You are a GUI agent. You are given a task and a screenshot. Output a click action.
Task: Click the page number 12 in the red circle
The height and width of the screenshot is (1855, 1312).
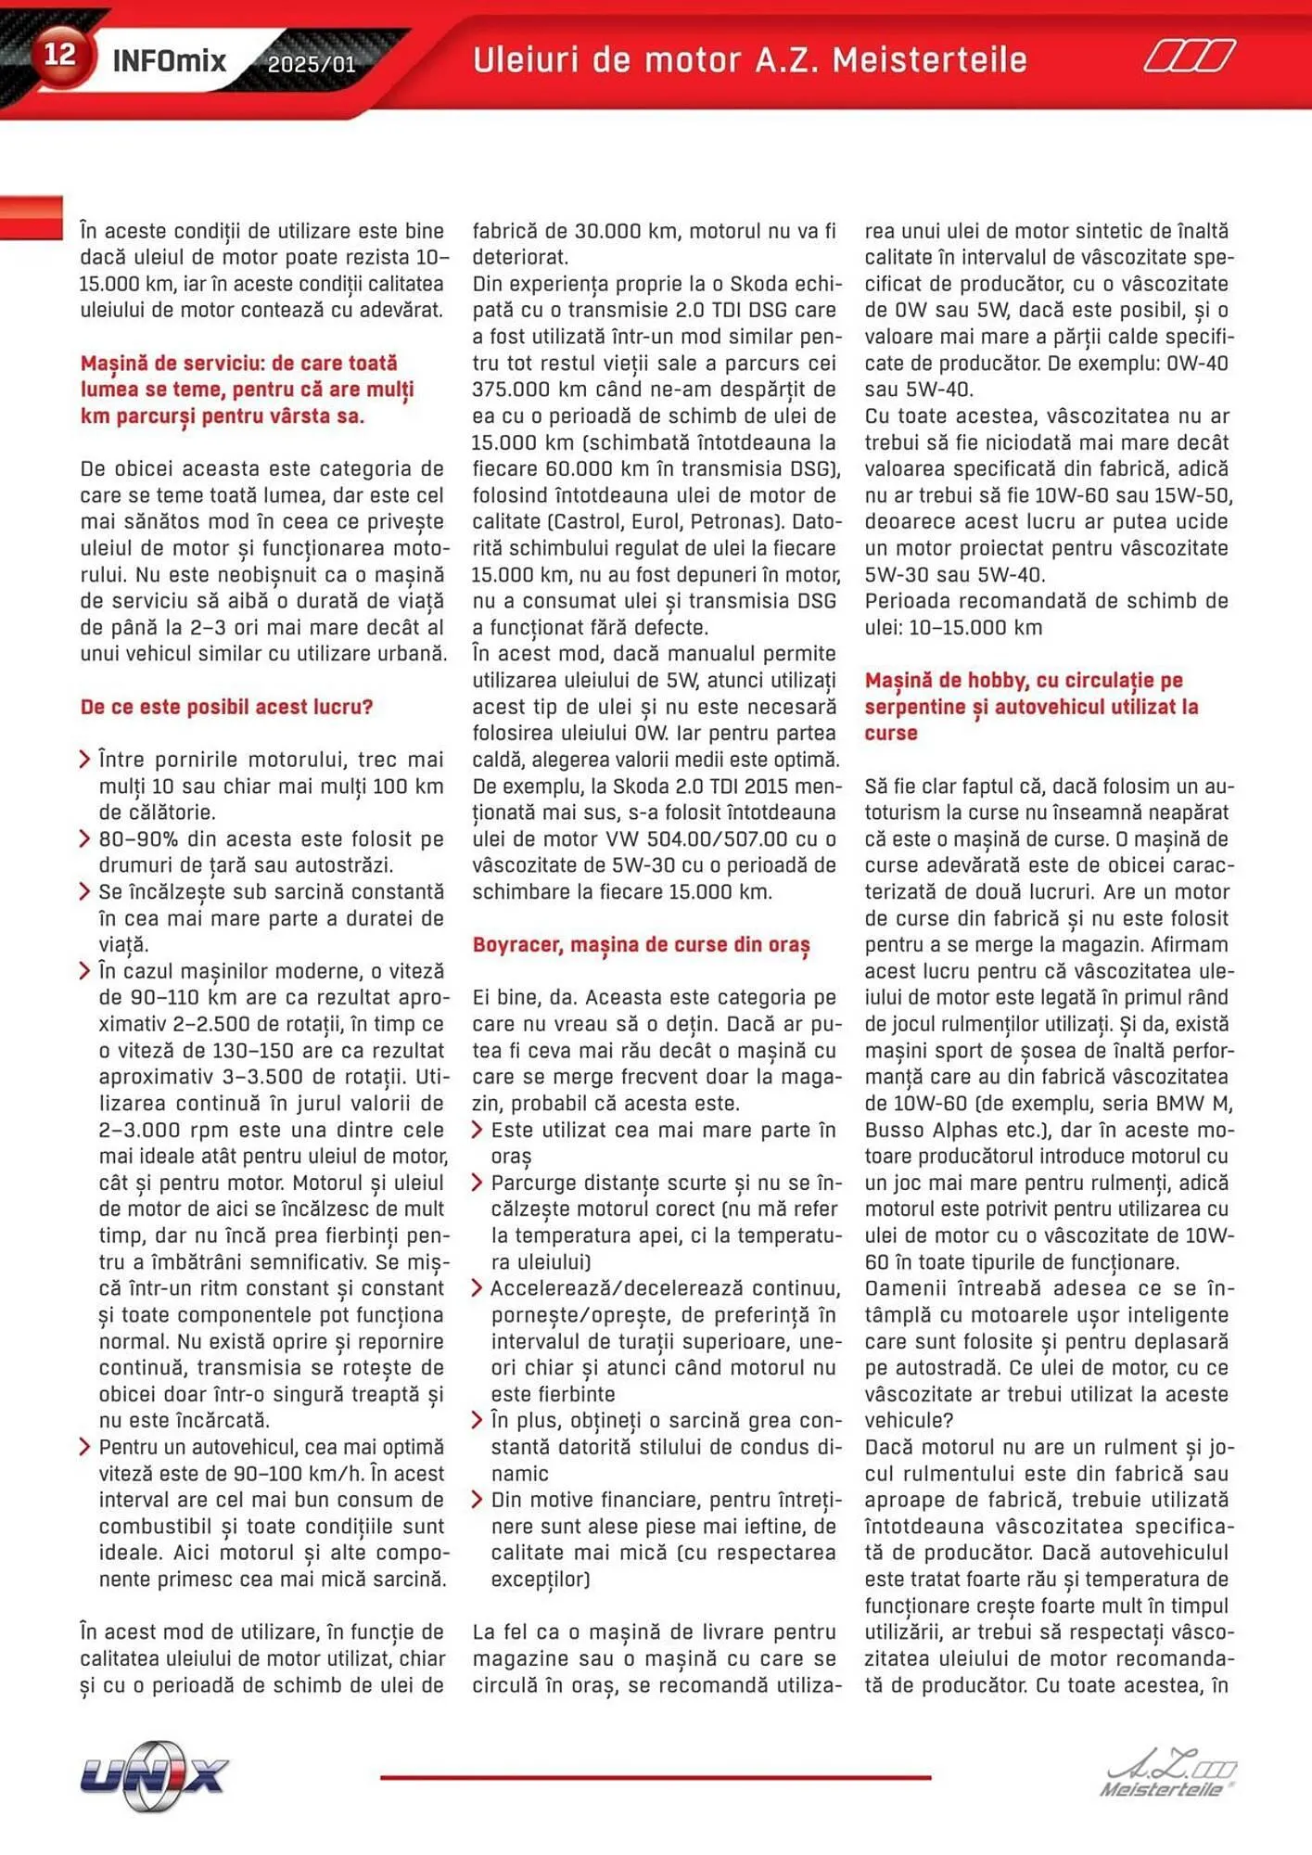(59, 55)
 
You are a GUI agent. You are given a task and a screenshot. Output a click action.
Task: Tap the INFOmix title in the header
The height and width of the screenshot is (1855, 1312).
(169, 61)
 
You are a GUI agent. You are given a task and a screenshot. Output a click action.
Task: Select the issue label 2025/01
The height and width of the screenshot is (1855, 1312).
(311, 65)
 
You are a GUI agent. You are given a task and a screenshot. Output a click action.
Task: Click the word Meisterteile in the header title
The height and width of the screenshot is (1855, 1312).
(929, 60)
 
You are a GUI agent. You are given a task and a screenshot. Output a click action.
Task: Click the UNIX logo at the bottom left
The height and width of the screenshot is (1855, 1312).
(154, 1776)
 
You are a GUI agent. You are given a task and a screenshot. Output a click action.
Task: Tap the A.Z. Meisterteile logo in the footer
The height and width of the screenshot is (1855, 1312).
(1167, 1776)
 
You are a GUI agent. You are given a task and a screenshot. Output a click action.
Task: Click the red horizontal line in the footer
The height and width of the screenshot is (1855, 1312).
(655, 1777)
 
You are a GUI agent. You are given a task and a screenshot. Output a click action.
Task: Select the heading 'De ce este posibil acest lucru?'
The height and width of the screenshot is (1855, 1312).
(226, 707)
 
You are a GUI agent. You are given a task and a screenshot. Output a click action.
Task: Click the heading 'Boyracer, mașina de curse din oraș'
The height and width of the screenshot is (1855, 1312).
(641, 945)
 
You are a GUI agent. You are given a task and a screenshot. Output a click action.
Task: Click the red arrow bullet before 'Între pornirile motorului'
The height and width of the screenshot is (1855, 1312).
(85, 761)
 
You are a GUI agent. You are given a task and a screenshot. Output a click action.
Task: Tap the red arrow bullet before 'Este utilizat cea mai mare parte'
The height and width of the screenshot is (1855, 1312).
(478, 1131)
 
